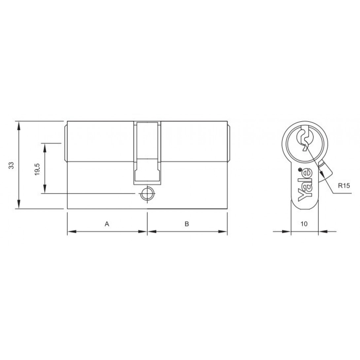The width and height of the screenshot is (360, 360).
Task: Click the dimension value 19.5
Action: click(x=37, y=169)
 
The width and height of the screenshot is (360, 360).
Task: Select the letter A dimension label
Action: click(x=107, y=224)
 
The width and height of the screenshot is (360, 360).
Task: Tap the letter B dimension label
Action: click(x=187, y=224)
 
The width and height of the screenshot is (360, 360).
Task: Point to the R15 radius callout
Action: click(x=344, y=186)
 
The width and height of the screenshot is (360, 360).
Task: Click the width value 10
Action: click(x=304, y=224)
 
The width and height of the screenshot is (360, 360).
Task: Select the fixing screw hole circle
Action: click(x=147, y=194)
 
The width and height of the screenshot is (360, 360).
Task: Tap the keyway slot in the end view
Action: click(x=305, y=138)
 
